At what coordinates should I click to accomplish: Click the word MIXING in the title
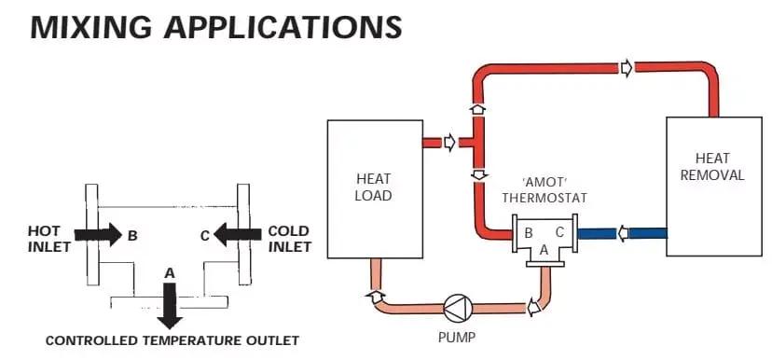[x=91, y=27]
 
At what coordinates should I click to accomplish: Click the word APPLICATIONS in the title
[x=283, y=27]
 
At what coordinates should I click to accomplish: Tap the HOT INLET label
[x=48, y=239]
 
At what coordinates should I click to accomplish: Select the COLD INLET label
[x=289, y=239]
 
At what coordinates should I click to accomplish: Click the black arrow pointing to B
[x=99, y=234]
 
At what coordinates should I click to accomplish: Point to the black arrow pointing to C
[x=238, y=234]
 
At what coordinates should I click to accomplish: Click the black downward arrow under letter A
[x=170, y=306]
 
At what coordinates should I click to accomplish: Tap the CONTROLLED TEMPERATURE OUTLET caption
[x=172, y=340]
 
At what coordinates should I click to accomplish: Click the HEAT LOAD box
[x=375, y=189]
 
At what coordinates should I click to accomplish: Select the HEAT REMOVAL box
[x=714, y=187]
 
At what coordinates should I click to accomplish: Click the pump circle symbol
[x=458, y=307]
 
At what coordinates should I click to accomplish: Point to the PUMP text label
[x=457, y=339]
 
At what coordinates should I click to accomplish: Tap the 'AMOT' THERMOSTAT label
[x=545, y=189]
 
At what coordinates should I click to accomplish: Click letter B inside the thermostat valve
[x=528, y=232]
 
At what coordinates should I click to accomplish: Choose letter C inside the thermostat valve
[x=560, y=232]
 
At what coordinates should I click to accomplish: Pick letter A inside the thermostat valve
[x=545, y=250]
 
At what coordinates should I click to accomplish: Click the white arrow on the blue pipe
[x=623, y=233]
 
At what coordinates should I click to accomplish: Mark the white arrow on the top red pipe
[x=627, y=68]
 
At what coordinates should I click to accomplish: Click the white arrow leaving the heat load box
[x=449, y=143]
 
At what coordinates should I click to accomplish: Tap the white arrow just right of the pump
[x=533, y=308]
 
